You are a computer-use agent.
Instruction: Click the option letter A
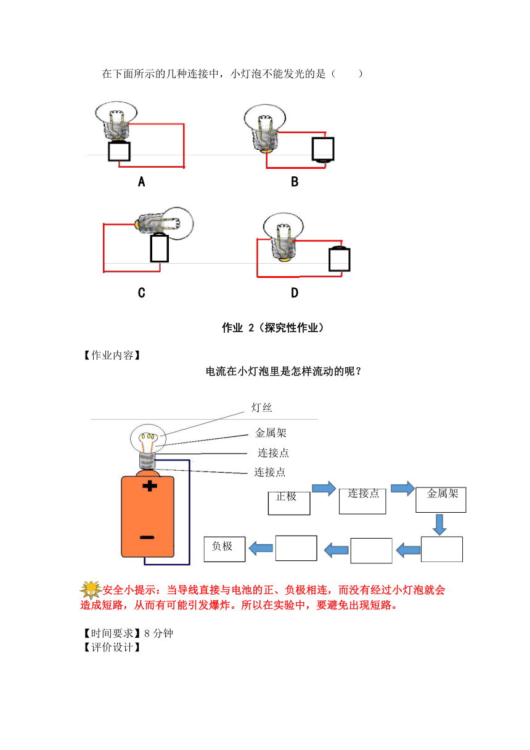pyautogui.click(x=142, y=182)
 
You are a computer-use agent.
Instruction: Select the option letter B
pyautogui.click(x=295, y=182)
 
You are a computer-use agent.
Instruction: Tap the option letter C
pyautogui.click(x=142, y=293)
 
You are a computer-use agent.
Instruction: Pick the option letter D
pyautogui.click(x=295, y=293)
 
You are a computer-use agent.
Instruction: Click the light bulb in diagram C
pyautogui.click(x=165, y=223)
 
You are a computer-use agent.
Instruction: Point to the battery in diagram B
pyautogui.click(x=323, y=150)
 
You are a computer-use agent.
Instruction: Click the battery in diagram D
pyautogui.click(x=340, y=259)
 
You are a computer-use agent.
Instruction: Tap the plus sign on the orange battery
pyautogui.click(x=150, y=486)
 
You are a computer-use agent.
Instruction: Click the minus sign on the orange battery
pyautogui.click(x=147, y=537)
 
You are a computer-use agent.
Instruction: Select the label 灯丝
pyautogui.click(x=262, y=407)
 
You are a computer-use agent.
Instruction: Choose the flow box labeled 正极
pyautogui.click(x=289, y=503)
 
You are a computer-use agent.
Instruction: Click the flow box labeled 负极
pyautogui.click(x=225, y=549)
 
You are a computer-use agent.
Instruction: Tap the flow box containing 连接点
pyautogui.click(x=362, y=501)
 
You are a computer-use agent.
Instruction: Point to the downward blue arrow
pyautogui.click(x=439, y=524)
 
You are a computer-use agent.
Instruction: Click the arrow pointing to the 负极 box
pyautogui.click(x=261, y=548)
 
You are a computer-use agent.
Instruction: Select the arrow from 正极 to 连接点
pyautogui.click(x=324, y=489)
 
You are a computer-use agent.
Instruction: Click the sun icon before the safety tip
pyautogui.click(x=91, y=590)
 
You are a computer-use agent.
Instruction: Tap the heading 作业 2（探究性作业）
pyautogui.click(x=273, y=327)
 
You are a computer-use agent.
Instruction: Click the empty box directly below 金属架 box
pyautogui.click(x=442, y=549)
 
